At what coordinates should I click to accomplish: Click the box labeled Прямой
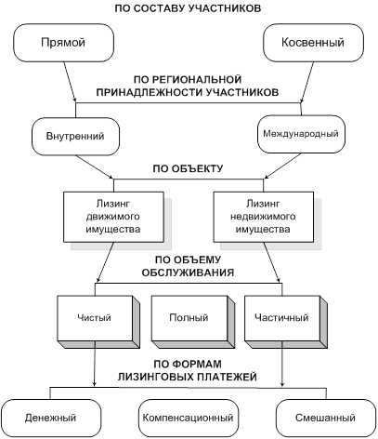click(63, 43)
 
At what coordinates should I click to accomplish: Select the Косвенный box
click(313, 43)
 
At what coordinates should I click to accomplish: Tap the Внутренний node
click(75, 136)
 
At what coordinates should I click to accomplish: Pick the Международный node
click(301, 134)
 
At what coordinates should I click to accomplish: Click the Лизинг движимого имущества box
click(113, 217)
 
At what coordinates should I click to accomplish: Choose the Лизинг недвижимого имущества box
click(264, 217)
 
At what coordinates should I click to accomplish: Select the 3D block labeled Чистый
click(98, 322)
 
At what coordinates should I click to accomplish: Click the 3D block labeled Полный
click(193, 322)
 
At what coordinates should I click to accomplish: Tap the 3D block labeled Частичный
click(286, 322)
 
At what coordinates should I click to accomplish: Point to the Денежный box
click(51, 418)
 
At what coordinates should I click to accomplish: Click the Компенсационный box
click(189, 418)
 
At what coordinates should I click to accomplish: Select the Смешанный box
click(326, 418)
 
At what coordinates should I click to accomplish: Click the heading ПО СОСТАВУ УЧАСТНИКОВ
click(188, 8)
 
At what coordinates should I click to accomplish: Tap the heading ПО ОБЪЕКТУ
click(188, 168)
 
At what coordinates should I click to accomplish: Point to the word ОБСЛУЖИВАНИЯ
click(188, 273)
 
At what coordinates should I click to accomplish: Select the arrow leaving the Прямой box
click(70, 82)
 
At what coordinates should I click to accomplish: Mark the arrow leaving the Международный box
click(282, 166)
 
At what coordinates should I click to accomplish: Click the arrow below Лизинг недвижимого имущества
click(272, 262)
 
